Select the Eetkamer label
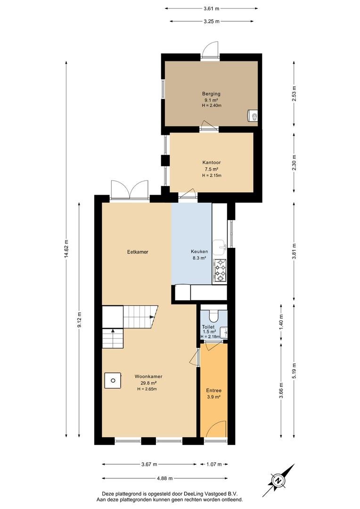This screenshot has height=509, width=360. (138, 252)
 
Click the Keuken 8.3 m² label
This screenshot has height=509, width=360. (199, 255)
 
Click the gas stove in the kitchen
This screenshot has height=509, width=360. (220, 271)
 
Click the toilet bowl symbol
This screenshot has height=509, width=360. (214, 314)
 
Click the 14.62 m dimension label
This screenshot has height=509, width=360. (66, 249)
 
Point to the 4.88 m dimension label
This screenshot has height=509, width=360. (164, 478)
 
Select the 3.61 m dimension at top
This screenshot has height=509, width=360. (211, 9)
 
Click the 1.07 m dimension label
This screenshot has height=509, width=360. (214, 464)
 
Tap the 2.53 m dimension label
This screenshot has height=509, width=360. (294, 93)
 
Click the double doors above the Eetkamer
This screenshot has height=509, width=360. (130, 190)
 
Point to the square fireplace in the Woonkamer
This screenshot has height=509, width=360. (113, 380)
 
